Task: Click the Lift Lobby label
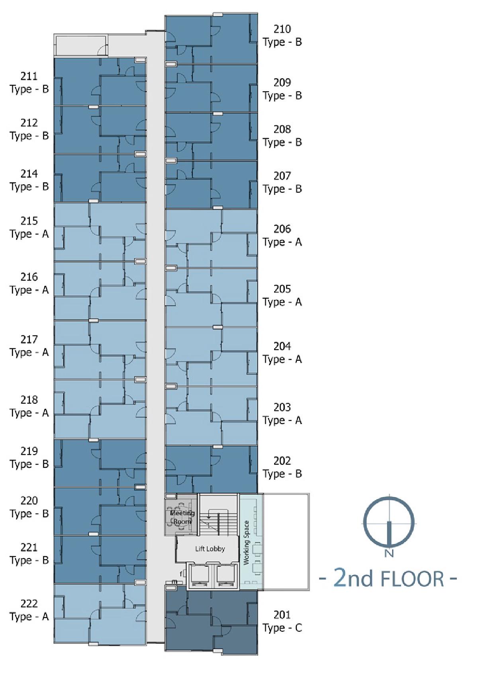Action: pyautogui.click(x=210, y=549)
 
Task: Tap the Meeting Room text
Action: pyautogui.click(x=182, y=517)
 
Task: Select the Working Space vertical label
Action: pyautogui.click(x=247, y=543)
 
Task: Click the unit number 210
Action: pyautogui.click(x=282, y=29)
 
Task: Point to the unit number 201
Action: pyautogui.click(x=282, y=615)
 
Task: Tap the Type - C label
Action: pyautogui.click(x=282, y=628)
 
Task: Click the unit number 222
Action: pyautogui.click(x=29, y=604)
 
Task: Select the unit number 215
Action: pyautogui.click(x=29, y=221)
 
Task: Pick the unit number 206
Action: pyautogui.click(x=282, y=229)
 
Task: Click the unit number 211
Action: pyautogui.click(x=29, y=76)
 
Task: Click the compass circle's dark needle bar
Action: pyautogui.click(x=389, y=534)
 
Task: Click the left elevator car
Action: pyautogui.click(x=198, y=576)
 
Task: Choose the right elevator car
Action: pyautogui.click(x=226, y=576)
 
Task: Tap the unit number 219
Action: pyautogui.click(x=29, y=451)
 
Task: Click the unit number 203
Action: pyautogui.click(x=282, y=407)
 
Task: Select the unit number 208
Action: pyautogui.click(x=282, y=129)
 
